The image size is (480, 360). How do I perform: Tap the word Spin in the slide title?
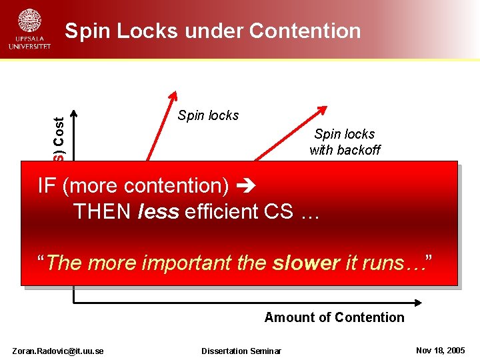(88, 31)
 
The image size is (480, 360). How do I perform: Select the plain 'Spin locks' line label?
(208, 115)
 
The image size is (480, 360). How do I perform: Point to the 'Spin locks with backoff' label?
(345, 142)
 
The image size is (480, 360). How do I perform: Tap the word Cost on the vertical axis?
(59, 132)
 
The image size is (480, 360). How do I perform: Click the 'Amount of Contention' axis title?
(334, 317)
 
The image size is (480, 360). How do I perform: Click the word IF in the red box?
(47, 185)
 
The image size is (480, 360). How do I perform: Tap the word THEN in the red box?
(103, 211)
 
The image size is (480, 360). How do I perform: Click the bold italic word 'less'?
(159, 211)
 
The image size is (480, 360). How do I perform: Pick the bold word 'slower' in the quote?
(306, 263)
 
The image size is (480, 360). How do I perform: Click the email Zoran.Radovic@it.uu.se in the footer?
(58, 351)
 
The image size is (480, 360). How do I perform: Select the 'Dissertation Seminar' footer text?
(241, 351)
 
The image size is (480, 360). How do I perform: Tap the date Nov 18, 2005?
(441, 351)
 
